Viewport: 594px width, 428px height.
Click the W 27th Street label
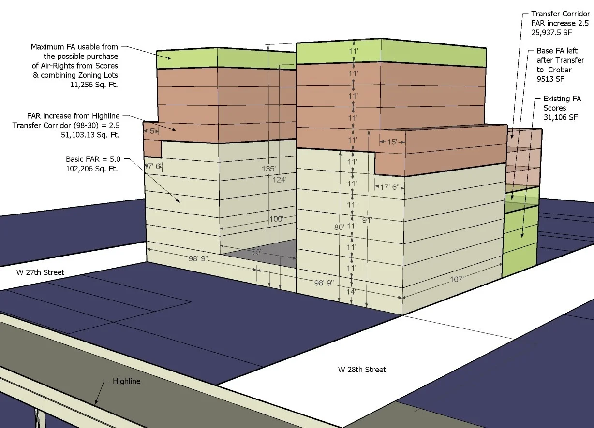coord(33,272)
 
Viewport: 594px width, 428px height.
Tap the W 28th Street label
coord(362,370)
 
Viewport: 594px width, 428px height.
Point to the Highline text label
coord(126,381)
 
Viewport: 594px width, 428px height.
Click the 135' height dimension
coord(268,169)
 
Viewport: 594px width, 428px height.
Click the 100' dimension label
coord(276,219)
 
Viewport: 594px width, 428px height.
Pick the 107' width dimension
coord(457,279)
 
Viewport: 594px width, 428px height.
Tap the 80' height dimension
coord(339,227)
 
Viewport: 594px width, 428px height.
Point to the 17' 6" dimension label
coord(389,187)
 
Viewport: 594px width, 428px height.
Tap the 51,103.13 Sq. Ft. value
coord(89,135)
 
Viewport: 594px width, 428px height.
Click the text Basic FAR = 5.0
coord(92,159)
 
